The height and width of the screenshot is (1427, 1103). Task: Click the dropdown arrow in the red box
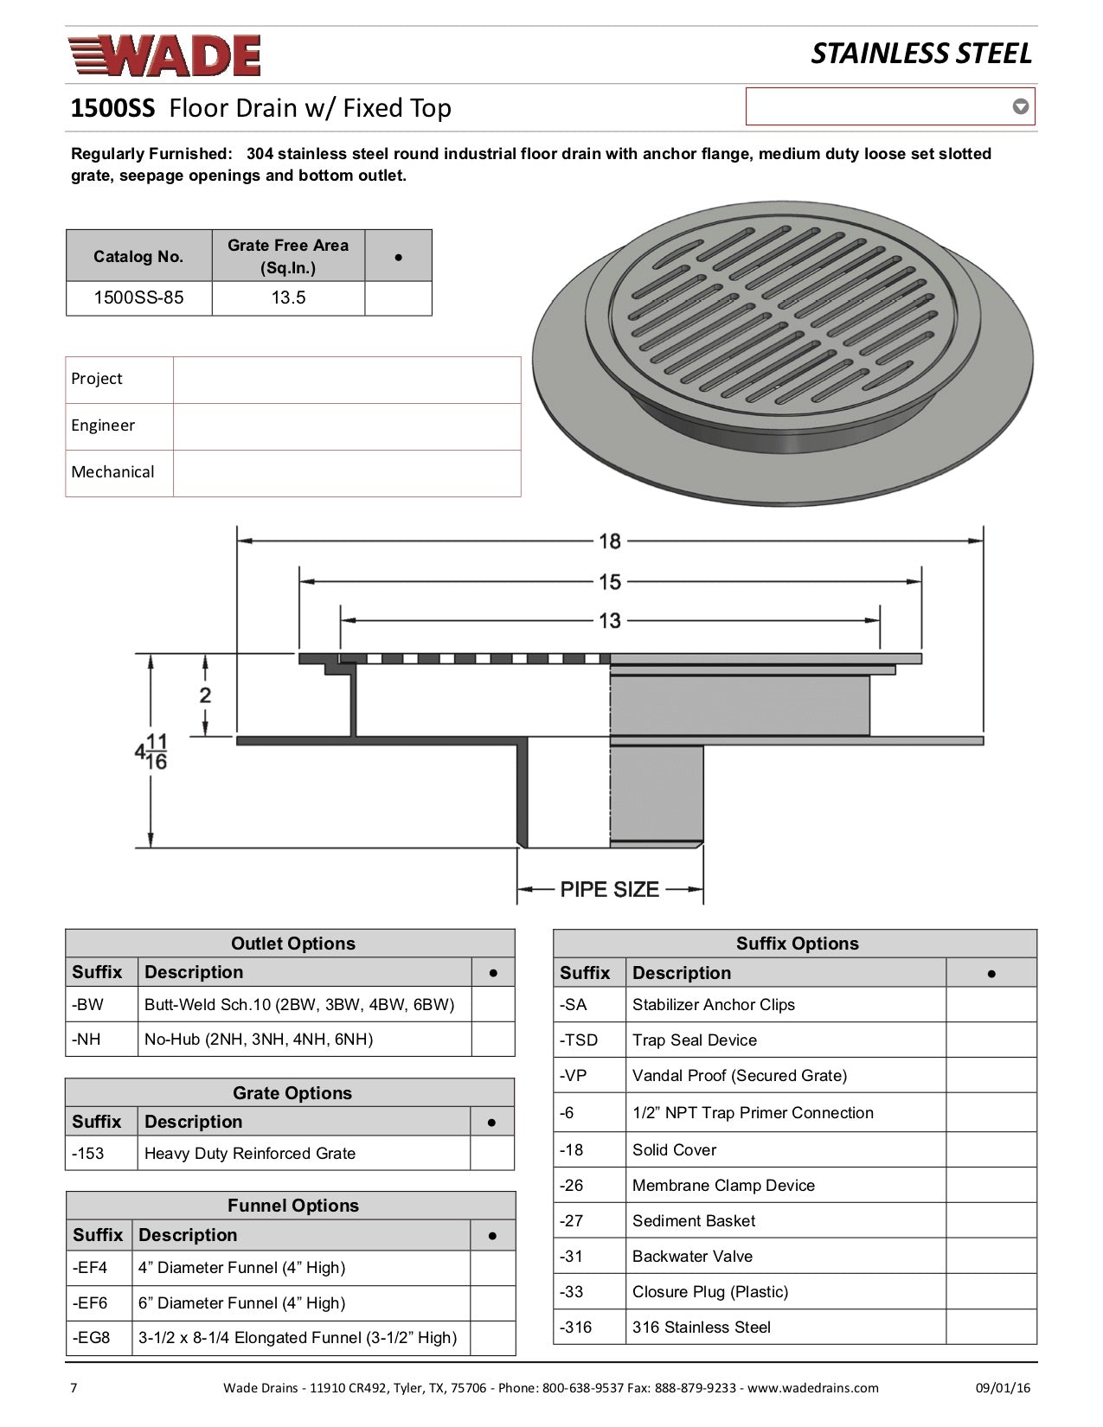tap(1021, 107)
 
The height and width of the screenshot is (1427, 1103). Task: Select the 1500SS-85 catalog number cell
tap(138, 298)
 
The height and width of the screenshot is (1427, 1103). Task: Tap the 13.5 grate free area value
tap(288, 298)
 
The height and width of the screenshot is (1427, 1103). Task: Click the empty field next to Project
tap(346, 380)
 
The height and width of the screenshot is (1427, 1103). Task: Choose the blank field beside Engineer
tap(346, 426)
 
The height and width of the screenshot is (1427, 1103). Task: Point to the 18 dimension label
tap(610, 541)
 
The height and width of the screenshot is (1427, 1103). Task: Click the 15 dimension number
tap(610, 581)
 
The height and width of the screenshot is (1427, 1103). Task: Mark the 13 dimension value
tap(610, 621)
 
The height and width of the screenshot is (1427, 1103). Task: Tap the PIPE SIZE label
tap(610, 889)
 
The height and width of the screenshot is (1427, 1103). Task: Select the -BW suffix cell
tap(101, 1005)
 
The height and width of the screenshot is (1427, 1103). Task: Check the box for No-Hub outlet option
tap(493, 1040)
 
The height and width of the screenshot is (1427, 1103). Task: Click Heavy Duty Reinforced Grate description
tap(250, 1154)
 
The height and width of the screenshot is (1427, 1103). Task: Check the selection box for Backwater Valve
tap(991, 1256)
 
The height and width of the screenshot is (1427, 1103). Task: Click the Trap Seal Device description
tap(695, 1040)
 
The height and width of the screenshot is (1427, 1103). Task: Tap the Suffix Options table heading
tap(797, 944)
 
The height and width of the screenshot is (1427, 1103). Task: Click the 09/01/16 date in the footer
tap(1004, 1388)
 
